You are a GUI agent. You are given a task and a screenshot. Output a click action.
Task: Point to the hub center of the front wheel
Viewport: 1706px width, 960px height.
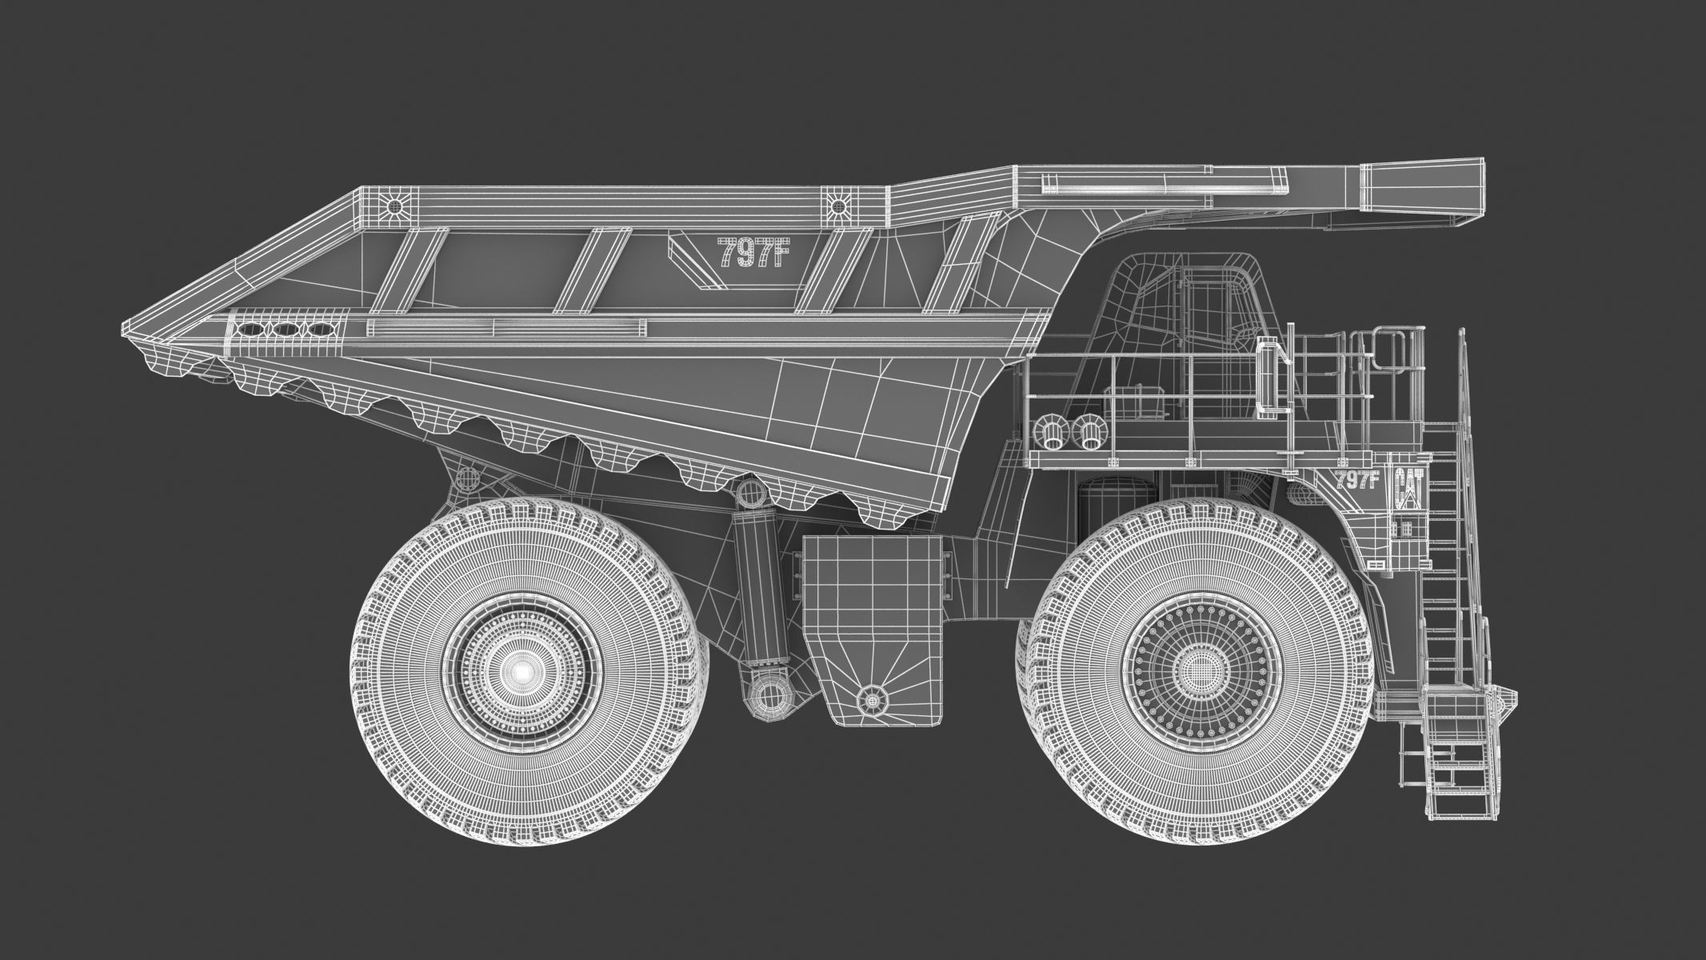click(1197, 668)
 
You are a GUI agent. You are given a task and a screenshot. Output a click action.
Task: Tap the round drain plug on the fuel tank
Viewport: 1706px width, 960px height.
click(872, 701)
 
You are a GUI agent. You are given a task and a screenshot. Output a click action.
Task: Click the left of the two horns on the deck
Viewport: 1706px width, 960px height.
click(1049, 432)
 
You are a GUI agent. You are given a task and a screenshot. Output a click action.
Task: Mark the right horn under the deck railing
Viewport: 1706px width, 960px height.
click(1089, 432)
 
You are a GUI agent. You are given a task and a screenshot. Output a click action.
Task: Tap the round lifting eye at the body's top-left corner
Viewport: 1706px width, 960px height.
click(393, 206)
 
